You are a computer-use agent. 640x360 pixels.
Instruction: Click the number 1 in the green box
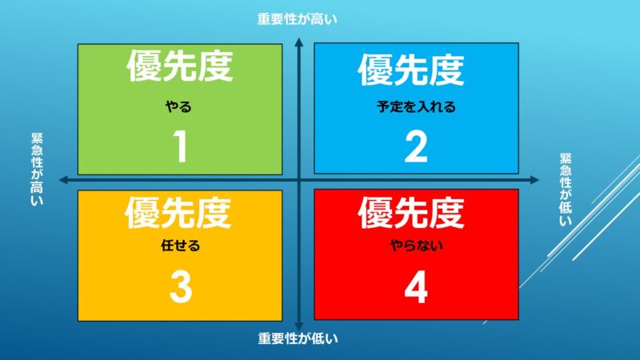tap(180, 146)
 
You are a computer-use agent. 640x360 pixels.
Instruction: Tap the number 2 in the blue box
tap(416, 146)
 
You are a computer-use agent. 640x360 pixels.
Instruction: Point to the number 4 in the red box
tap(416, 287)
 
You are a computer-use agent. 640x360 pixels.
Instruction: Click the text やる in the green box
tap(178, 107)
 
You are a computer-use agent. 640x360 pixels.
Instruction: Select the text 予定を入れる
tap(416, 107)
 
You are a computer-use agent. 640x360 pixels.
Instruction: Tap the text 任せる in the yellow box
tap(181, 246)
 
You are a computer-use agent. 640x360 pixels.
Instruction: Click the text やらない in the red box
tap(416, 246)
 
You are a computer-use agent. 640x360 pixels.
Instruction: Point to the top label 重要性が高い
tap(297, 19)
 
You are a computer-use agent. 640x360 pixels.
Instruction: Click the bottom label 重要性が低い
tap(298, 338)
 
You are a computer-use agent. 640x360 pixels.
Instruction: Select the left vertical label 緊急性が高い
tap(37, 169)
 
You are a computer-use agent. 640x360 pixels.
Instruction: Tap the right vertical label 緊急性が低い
tap(566, 190)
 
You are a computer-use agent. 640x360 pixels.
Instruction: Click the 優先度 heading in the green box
tap(180, 66)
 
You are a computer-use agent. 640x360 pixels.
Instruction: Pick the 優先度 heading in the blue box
tap(411, 70)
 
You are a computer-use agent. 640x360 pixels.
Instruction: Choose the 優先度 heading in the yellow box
tap(178, 212)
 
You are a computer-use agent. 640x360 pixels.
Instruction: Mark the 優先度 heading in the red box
tap(411, 212)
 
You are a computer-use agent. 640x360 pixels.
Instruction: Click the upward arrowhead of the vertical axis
tap(298, 42)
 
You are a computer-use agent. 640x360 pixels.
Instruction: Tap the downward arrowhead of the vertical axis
tap(298, 326)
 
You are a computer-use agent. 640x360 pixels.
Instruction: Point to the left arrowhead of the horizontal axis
tap(64, 179)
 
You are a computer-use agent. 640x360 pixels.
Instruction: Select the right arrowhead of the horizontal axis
tap(534, 179)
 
